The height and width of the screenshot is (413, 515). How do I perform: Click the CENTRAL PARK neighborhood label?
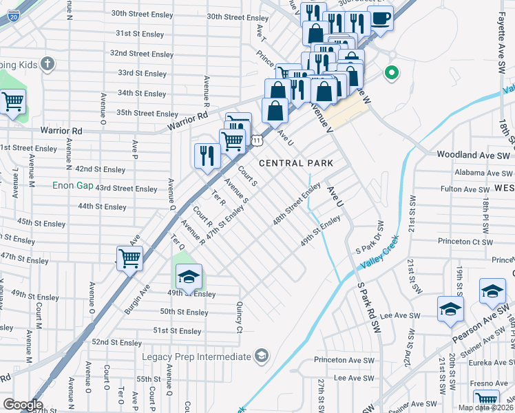tap(296, 163)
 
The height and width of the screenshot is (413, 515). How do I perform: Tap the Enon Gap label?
tap(72, 185)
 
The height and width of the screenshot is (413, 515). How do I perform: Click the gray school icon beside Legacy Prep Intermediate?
tap(261, 355)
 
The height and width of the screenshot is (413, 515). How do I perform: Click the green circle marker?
tap(392, 72)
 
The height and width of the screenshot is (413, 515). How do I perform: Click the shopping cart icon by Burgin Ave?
tap(129, 258)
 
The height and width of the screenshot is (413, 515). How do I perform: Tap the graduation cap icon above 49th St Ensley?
tap(189, 276)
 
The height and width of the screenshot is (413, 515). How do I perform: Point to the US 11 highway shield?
tap(256, 140)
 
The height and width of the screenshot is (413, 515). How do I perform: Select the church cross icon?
tap(48, 65)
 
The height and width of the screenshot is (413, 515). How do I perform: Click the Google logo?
tap(23, 405)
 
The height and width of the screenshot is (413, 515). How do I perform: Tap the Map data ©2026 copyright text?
tap(485, 407)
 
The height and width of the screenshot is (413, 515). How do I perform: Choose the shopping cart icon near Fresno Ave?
tap(486, 400)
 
